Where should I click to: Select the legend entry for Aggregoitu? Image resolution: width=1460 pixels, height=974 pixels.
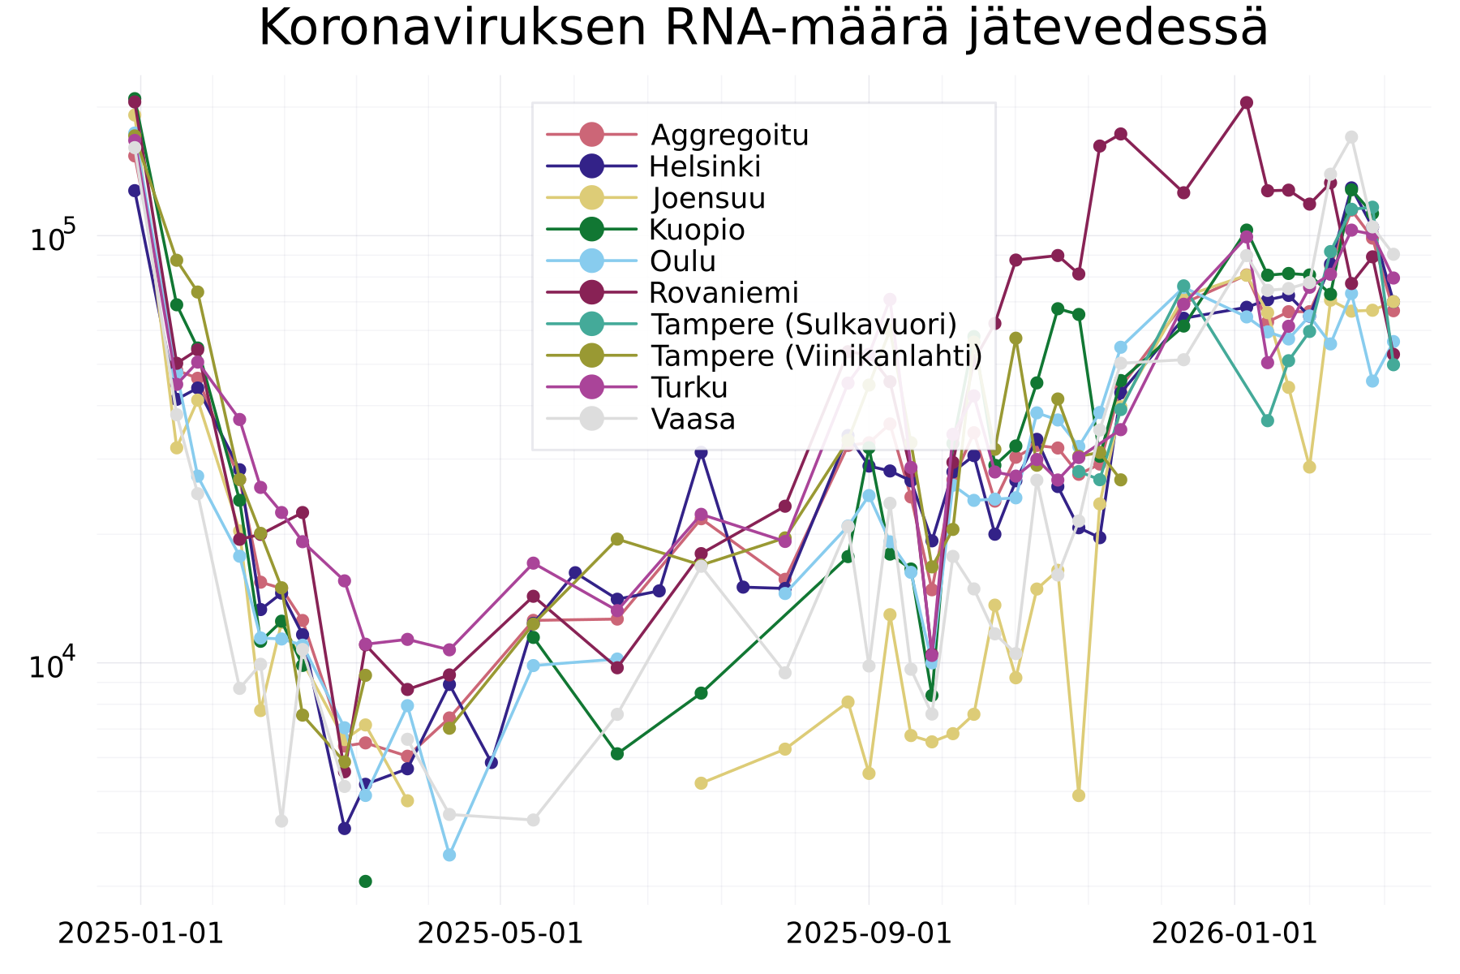729,135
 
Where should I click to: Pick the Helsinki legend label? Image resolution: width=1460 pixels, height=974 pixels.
705,166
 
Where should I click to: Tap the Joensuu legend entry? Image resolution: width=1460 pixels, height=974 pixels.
708,198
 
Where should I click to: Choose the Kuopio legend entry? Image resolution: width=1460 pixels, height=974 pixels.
697,230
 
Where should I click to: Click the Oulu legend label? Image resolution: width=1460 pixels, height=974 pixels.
683,261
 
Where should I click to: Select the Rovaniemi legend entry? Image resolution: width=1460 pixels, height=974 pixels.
724,292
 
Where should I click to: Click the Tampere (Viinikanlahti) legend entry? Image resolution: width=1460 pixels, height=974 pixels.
816,356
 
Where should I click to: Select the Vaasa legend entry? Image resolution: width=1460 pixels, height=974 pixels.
693,419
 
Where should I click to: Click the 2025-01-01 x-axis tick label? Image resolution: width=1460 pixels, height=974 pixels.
140,933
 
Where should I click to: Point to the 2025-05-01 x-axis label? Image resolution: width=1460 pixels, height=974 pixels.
500,933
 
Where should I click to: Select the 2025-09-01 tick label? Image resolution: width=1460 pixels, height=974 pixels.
869,933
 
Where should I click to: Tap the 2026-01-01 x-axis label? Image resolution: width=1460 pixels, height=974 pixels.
1235,933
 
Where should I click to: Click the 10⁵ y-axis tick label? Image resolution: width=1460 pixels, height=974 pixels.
52,237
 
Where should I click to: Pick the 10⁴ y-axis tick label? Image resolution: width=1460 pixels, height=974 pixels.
52,664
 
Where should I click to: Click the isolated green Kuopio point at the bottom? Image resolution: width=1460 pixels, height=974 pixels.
365,881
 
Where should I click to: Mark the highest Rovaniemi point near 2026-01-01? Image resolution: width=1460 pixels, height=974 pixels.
1247,102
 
